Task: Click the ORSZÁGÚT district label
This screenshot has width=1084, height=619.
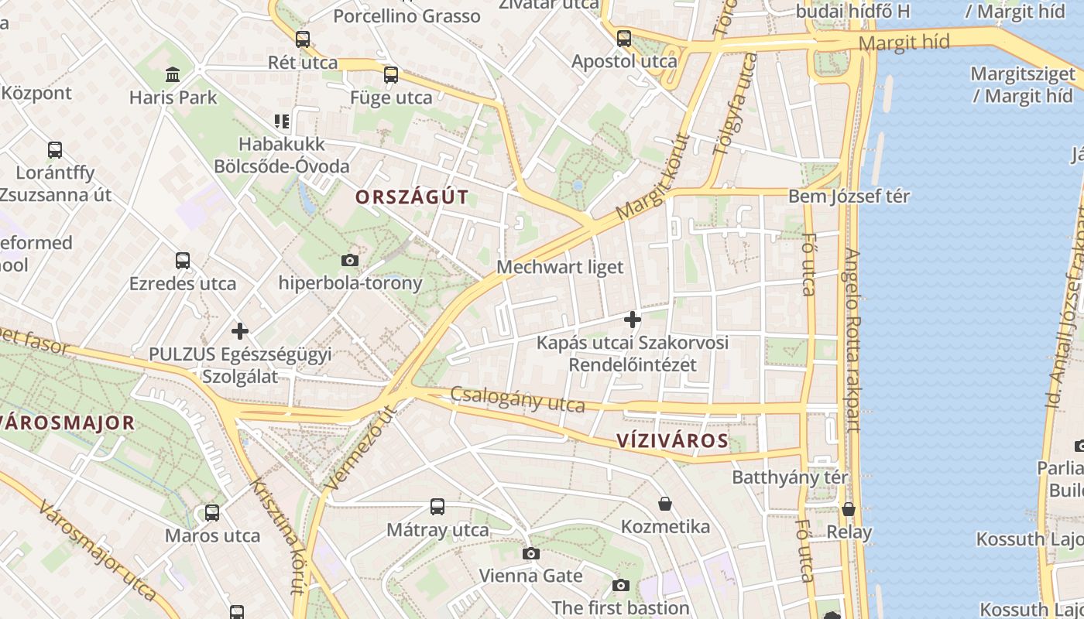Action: [x=412, y=197]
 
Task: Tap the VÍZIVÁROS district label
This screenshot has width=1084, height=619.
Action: [x=672, y=441]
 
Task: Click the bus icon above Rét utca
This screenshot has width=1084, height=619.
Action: [x=303, y=39]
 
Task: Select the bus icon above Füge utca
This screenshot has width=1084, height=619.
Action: [x=391, y=75]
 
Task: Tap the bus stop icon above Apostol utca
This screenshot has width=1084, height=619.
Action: [x=624, y=38]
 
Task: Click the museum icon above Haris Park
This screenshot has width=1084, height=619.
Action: [x=173, y=75]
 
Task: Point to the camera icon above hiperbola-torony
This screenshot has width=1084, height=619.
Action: [x=350, y=260]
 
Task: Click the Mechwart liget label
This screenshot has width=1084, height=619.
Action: [x=560, y=267]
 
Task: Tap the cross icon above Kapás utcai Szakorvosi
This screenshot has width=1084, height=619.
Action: [x=633, y=319]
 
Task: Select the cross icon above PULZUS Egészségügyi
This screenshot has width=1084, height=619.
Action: [x=240, y=331]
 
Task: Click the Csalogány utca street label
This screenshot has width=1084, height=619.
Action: [x=517, y=399]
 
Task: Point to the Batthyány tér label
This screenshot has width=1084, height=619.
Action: [x=790, y=477]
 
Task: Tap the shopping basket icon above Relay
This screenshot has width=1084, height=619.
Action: [x=849, y=509]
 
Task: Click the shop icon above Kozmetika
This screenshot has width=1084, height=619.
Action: [x=664, y=504]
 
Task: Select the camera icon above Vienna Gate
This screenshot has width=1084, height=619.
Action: [x=530, y=553]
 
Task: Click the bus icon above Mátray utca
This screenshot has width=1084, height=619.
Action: [x=437, y=507]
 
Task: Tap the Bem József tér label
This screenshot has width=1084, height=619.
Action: [x=849, y=196]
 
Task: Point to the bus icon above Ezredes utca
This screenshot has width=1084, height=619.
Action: [x=183, y=261]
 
